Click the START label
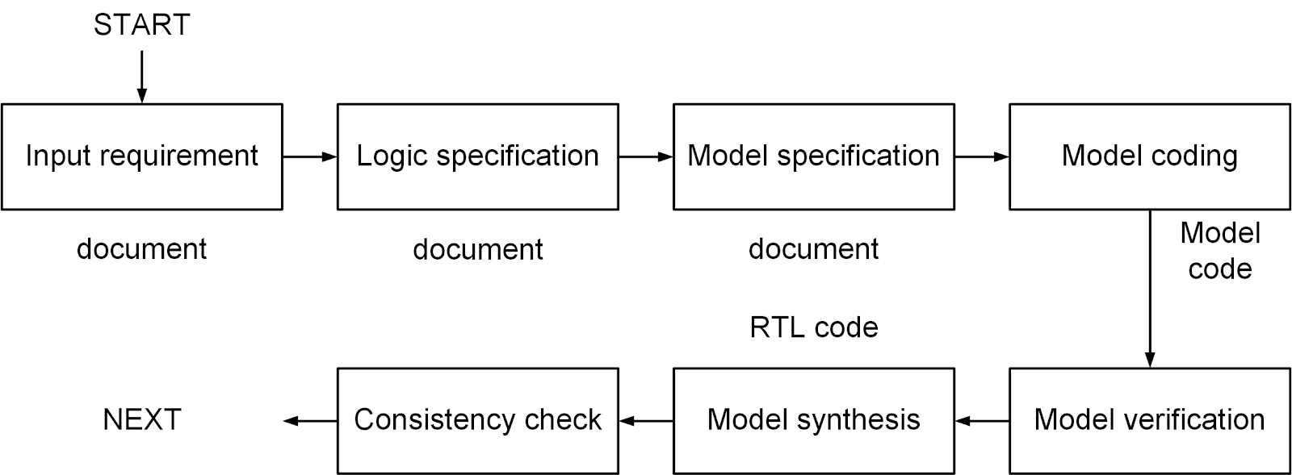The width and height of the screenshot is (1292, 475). point(141,25)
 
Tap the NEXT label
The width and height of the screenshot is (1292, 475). point(142,419)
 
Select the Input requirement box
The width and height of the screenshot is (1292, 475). point(142,156)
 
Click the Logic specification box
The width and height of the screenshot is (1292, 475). point(477,156)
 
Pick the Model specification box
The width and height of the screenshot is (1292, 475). point(813,156)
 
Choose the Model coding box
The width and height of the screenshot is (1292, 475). point(1149,156)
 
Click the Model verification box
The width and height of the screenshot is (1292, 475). point(1149,420)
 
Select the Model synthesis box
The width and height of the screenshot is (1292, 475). point(813,420)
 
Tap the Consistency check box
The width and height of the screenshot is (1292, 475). point(477,420)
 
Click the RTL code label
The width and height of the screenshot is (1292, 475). point(813,327)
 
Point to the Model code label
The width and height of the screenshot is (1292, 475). point(1219,251)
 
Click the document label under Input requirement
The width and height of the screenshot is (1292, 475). point(142,249)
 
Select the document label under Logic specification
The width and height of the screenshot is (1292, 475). point(477,250)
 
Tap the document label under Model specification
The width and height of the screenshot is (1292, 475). point(813,249)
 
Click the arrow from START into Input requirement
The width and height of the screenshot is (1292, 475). point(142,77)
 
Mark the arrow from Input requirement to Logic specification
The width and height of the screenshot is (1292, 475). point(309,156)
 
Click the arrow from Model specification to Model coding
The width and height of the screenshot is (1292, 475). point(981,156)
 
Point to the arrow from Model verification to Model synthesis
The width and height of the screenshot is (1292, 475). point(982,420)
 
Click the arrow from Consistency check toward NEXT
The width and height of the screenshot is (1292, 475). point(310,420)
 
